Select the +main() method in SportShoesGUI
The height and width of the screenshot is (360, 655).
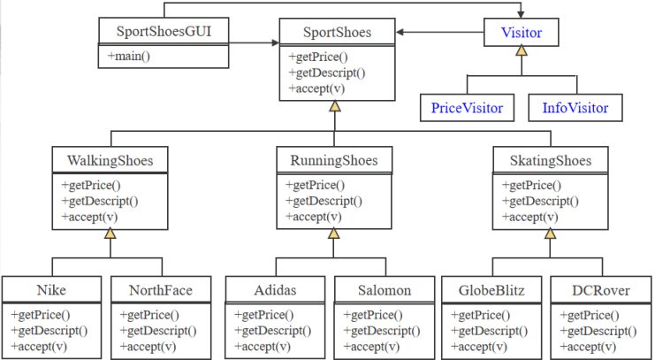tap(130, 57)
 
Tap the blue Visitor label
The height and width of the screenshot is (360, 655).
tap(522, 34)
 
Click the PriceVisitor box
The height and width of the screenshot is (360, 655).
tap(467, 108)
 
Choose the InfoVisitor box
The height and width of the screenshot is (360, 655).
tap(575, 108)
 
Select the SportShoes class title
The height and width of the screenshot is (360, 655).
tap(337, 34)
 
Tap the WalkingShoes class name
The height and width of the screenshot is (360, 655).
tap(110, 160)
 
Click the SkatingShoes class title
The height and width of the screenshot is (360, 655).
tap(551, 160)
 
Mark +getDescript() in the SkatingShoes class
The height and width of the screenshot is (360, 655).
tap(540, 201)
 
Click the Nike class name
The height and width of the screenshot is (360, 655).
tap(51, 290)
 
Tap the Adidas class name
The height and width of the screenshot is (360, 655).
tap(275, 290)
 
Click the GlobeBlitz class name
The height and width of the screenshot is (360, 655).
tap(491, 290)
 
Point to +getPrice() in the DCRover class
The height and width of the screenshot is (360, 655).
tap(590, 315)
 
